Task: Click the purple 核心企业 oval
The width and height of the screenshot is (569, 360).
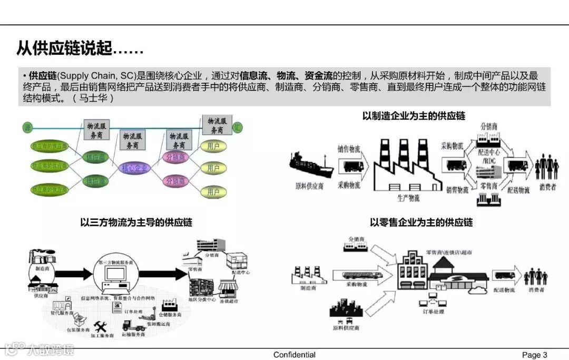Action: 135,168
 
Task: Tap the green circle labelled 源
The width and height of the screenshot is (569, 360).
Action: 27,127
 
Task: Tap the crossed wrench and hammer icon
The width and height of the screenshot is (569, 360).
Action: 101,327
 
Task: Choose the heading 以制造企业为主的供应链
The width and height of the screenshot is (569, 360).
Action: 414,116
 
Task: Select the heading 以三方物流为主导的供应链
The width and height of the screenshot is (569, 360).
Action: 136,222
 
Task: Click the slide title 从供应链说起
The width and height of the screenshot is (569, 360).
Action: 79,50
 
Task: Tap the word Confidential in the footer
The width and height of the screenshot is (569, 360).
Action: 295,355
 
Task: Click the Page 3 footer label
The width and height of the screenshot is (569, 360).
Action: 534,355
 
